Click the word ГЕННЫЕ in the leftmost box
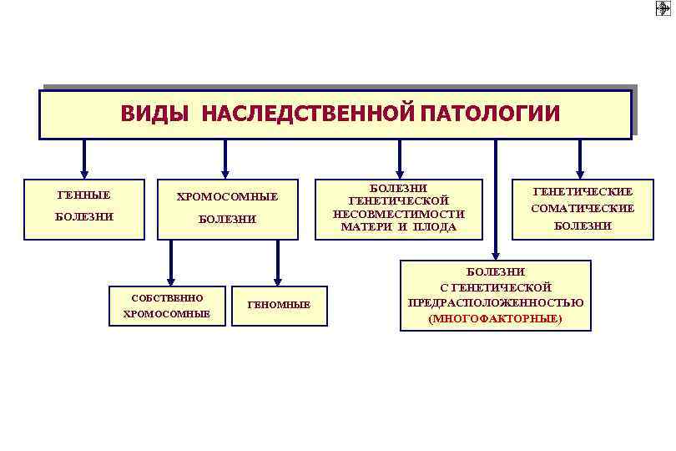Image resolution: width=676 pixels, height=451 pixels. pos(83,195)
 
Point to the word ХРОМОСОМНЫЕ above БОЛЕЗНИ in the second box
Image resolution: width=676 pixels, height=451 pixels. pos(227,197)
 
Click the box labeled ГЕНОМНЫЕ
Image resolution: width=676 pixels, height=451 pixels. pos(279,305)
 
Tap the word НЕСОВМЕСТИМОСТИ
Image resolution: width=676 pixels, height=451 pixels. pos(398,214)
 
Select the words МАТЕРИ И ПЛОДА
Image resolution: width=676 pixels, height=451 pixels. pos(399,227)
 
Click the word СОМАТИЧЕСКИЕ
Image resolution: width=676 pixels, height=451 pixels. pos(583,209)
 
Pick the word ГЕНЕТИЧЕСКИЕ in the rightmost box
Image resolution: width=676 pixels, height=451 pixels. pos(583,191)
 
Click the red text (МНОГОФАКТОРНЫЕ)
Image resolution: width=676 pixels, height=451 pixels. pos(495,319)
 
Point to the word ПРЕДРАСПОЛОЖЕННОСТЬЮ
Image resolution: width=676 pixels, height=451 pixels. pos(495,302)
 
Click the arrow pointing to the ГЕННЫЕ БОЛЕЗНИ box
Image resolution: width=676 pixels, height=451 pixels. pos(83,159)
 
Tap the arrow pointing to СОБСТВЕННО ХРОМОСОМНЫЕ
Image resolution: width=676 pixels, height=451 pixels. pos(171,263)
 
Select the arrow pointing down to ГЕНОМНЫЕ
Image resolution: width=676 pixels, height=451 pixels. pos(278,263)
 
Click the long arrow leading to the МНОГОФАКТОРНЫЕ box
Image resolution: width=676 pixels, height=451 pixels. pos(496,200)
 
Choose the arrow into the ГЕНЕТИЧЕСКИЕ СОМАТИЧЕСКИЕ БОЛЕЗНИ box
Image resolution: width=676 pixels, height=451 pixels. pos(581,159)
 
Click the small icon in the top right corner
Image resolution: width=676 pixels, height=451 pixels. pos(663,9)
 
